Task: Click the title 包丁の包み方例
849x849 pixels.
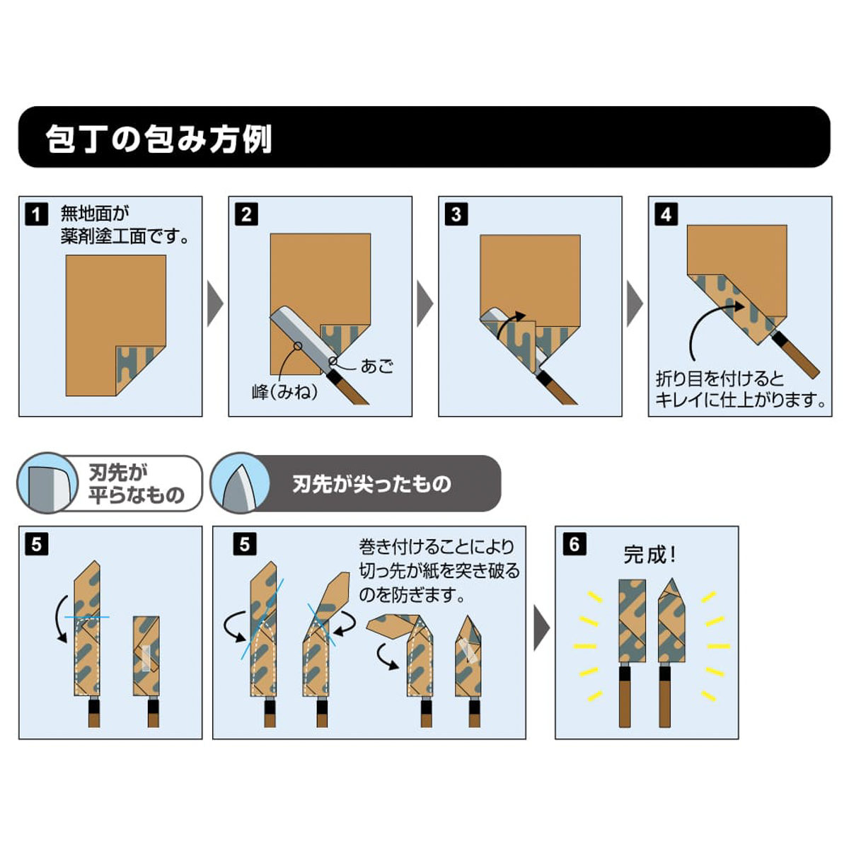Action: coord(159,138)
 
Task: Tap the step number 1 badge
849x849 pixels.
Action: coord(36,214)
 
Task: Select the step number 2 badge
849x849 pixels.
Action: coord(246,214)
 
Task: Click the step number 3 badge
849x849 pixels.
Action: coord(456,214)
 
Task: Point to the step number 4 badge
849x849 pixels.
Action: coord(666,214)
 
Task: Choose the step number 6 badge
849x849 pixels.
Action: coord(574,544)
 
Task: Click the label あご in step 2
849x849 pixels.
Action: coord(376,366)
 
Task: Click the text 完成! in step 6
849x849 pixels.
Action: coord(649,555)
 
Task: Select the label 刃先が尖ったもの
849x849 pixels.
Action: coord(371,484)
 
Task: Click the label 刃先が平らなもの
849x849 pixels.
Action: coord(136,484)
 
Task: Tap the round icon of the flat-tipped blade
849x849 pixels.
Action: coord(47,484)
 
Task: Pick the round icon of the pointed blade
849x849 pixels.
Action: coord(240,484)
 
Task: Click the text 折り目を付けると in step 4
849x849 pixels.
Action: coord(720,379)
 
